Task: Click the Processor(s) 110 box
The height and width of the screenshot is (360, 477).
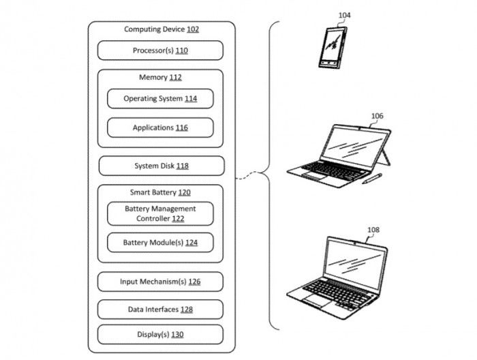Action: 160,50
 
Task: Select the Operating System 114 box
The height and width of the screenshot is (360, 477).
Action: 160,98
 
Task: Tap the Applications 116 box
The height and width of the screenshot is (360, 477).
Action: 160,127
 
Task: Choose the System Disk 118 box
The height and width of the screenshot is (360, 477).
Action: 161,166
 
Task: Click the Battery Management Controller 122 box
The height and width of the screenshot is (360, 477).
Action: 160,213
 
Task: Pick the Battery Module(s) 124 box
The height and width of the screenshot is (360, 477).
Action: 160,243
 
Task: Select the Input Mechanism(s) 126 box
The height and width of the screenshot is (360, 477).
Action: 160,282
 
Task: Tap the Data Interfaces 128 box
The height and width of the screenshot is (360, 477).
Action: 160,310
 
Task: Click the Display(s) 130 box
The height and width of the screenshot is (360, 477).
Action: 160,335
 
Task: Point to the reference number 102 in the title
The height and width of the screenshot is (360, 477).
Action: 193,29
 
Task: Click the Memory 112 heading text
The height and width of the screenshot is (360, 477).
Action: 160,77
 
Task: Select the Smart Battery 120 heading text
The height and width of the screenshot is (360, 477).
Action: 160,192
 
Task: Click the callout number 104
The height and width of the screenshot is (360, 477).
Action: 344,15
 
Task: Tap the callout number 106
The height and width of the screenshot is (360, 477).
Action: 378,116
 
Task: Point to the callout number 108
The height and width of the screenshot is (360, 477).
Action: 373,230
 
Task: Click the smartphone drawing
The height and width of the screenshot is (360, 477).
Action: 333,48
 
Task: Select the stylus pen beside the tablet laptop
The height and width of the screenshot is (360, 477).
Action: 372,179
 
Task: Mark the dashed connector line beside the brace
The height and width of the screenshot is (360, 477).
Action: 247,175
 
